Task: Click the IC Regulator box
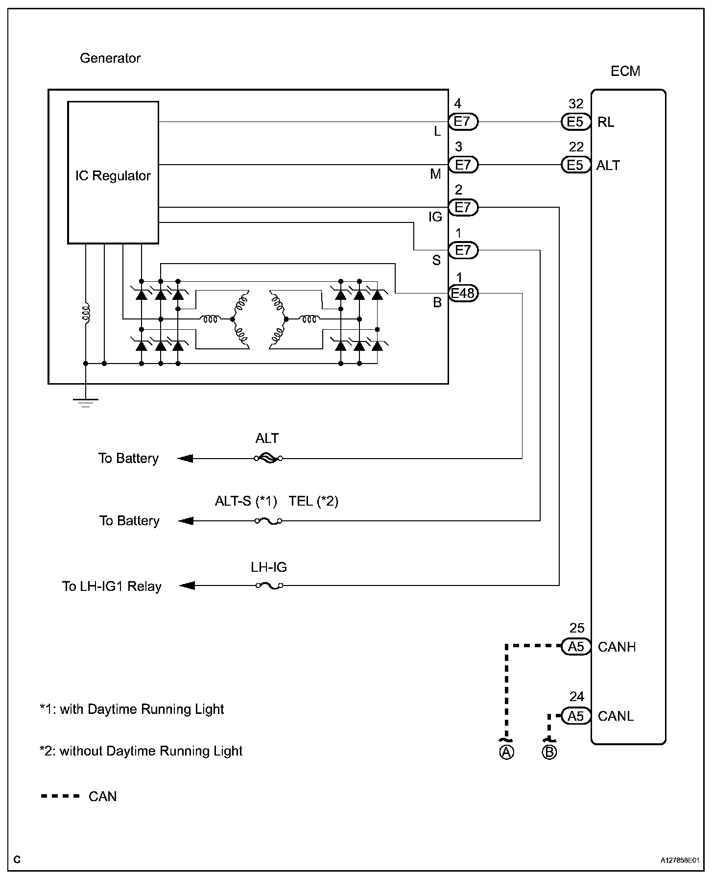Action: pos(113,172)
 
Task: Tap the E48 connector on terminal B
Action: pos(463,293)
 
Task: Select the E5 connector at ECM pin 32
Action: pos(575,122)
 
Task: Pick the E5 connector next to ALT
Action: pos(575,165)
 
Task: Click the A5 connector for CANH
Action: pos(576,647)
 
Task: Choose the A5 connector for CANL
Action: pos(576,716)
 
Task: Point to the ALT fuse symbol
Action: pos(268,459)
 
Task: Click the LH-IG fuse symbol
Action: pos(269,585)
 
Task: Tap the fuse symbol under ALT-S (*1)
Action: pos(268,521)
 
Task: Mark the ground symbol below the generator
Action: pos(86,403)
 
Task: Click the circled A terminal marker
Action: pos(506,752)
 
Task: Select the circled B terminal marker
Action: pos(549,752)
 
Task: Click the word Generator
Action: pos(110,58)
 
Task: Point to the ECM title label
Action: pos(625,72)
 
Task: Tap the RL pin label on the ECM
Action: pos(606,122)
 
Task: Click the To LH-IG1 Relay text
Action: pos(112,586)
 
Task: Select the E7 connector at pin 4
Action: pos(463,122)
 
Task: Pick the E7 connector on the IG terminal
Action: pos(463,207)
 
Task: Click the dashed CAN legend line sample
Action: pos(60,796)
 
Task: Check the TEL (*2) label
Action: pos(313,501)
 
